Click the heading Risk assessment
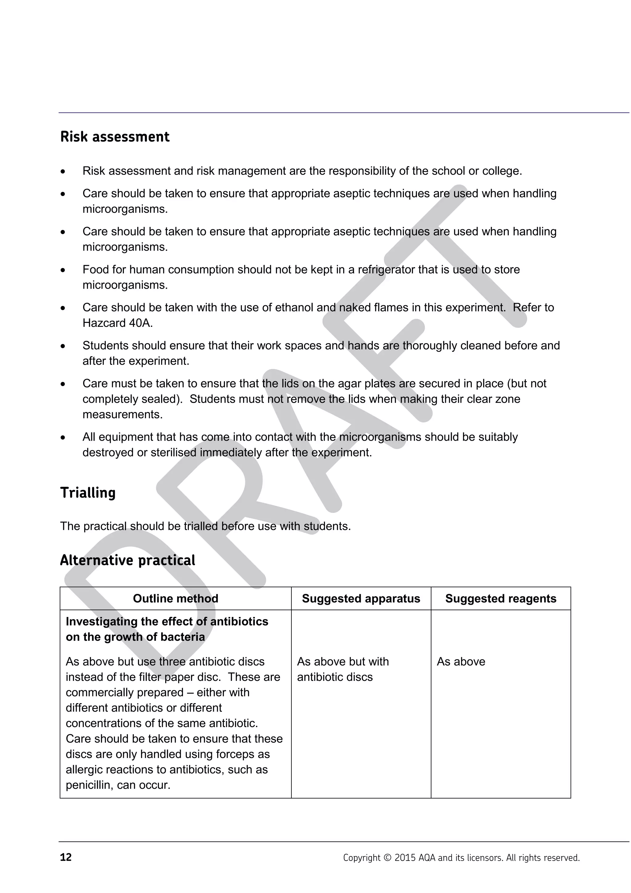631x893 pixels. click(115, 137)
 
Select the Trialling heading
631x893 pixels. click(88, 492)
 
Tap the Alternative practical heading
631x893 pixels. click(128, 561)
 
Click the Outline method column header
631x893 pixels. click(175, 599)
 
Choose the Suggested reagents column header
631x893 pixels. click(500, 599)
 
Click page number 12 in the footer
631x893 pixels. click(66, 857)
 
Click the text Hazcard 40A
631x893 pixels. click(117, 323)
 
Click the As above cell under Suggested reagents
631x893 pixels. click(461, 662)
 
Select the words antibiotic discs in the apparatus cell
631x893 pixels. click(335, 677)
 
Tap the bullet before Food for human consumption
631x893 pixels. click(63, 270)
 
